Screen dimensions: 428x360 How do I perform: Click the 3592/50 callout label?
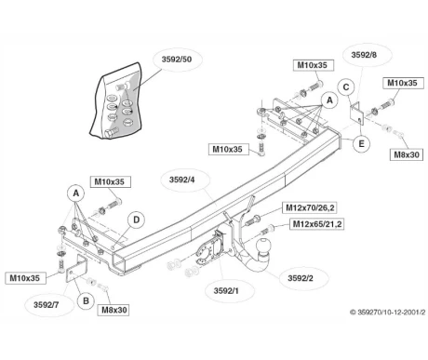[177, 60]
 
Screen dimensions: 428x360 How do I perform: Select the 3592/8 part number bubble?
[364, 55]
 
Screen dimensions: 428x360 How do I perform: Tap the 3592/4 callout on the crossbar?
[182, 180]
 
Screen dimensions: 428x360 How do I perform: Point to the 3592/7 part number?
[46, 304]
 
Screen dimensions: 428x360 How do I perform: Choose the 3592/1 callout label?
[226, 290]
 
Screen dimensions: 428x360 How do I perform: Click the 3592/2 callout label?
[301, 278]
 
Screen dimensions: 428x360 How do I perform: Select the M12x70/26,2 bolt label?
[310, 207]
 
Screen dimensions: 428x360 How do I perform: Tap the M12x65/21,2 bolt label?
[317, 223]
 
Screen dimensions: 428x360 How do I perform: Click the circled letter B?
[86, 300]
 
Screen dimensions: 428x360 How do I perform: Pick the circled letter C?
[346, 87]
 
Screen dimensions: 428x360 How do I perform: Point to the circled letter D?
[136, 220]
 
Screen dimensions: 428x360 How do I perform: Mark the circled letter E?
[361, 144]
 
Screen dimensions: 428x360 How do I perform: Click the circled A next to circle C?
[329, 100]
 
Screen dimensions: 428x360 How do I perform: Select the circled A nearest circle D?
[76, 193]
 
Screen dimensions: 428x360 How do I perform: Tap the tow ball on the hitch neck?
[263, 247]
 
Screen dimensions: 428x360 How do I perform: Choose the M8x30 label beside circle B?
[114, 310]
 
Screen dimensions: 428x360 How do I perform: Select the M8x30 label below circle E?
[406, 154]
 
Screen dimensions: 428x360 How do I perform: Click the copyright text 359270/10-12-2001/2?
[388, 312]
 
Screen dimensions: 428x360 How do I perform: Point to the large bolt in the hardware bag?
[111, 132]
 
